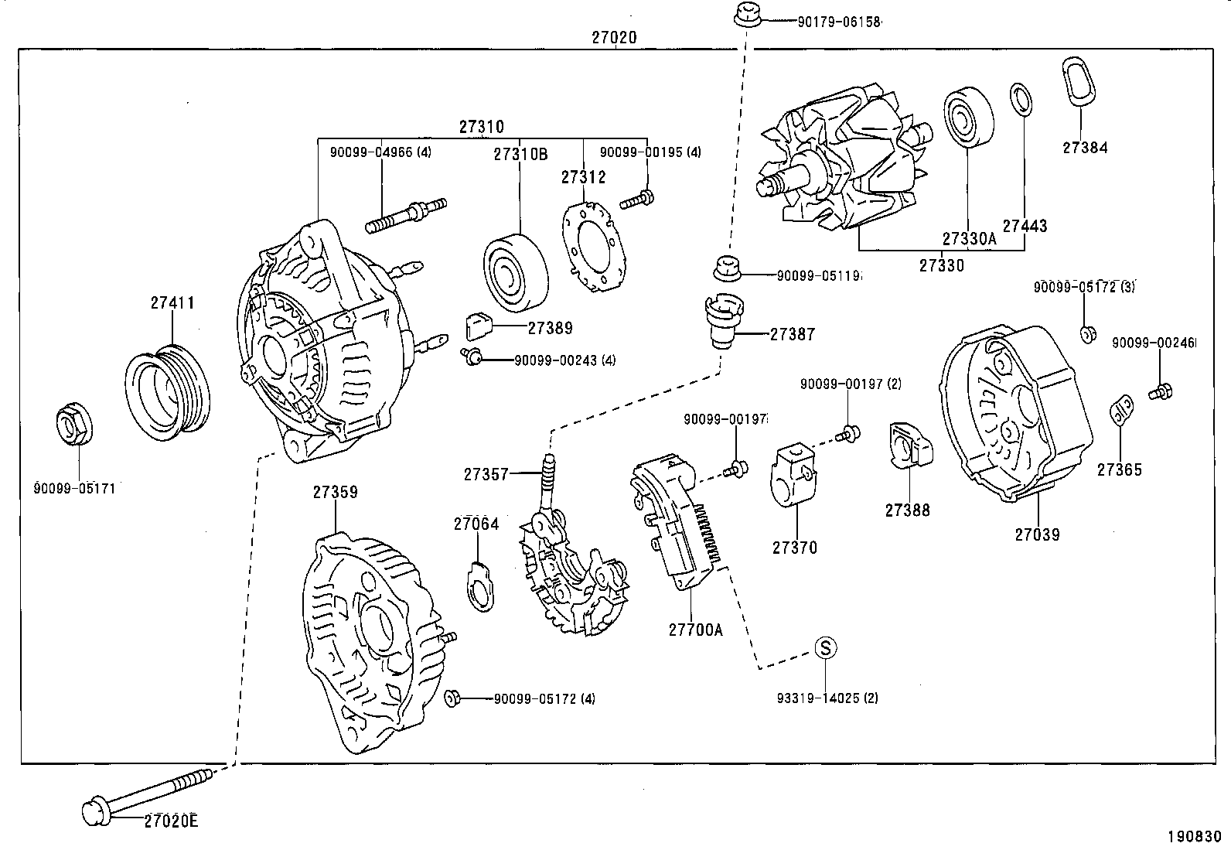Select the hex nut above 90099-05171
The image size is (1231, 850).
76,425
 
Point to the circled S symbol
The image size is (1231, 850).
826,647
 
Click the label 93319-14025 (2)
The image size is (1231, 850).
827,698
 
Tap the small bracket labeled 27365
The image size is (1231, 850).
1121,410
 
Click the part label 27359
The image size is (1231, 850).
335,492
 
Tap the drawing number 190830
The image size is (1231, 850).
1194,836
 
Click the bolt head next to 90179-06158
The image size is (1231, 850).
745,15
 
